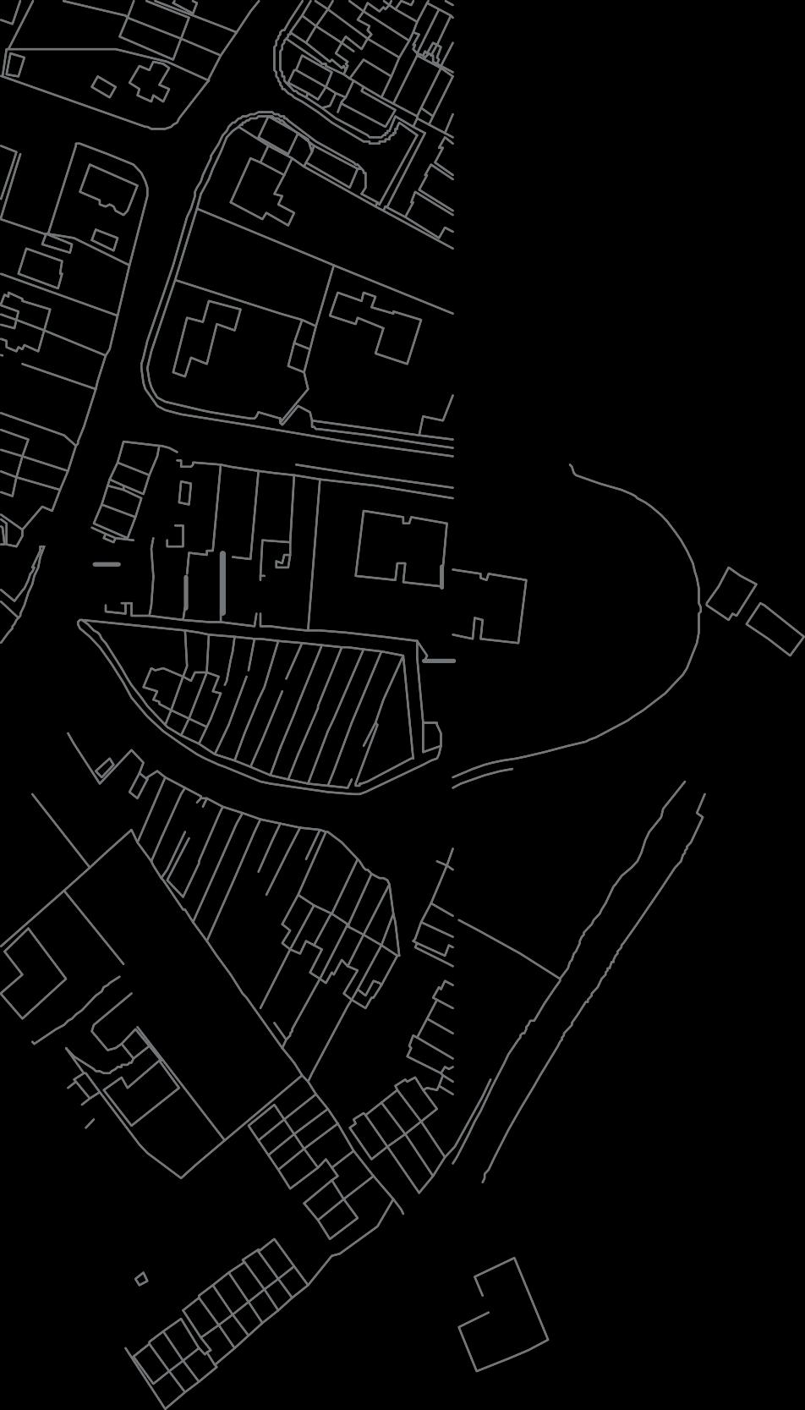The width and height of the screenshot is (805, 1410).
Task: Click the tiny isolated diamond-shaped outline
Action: (x=141, y=1278)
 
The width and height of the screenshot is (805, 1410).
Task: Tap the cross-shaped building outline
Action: (x=151, y=81)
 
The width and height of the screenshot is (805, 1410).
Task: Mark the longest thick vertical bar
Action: (x=223, y=584)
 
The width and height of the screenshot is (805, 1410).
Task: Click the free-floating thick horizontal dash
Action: (x=107, y=563)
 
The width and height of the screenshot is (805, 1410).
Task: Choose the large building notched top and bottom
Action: (x=401, y=550)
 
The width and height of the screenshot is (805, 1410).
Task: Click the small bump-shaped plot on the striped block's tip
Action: (x=431, y=736)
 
